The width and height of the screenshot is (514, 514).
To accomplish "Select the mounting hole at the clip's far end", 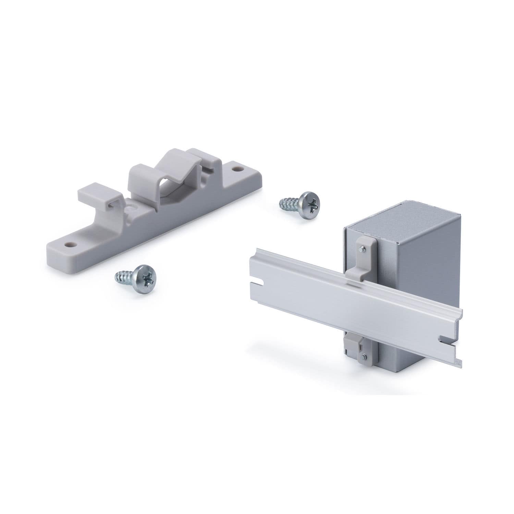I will pos(237,169).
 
